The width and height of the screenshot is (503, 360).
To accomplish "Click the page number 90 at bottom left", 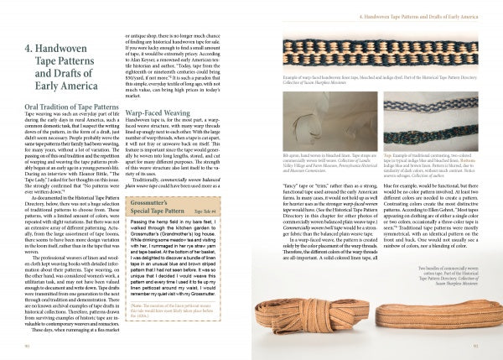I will click(29, 346).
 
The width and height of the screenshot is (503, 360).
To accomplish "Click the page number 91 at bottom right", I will click(474, 346).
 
